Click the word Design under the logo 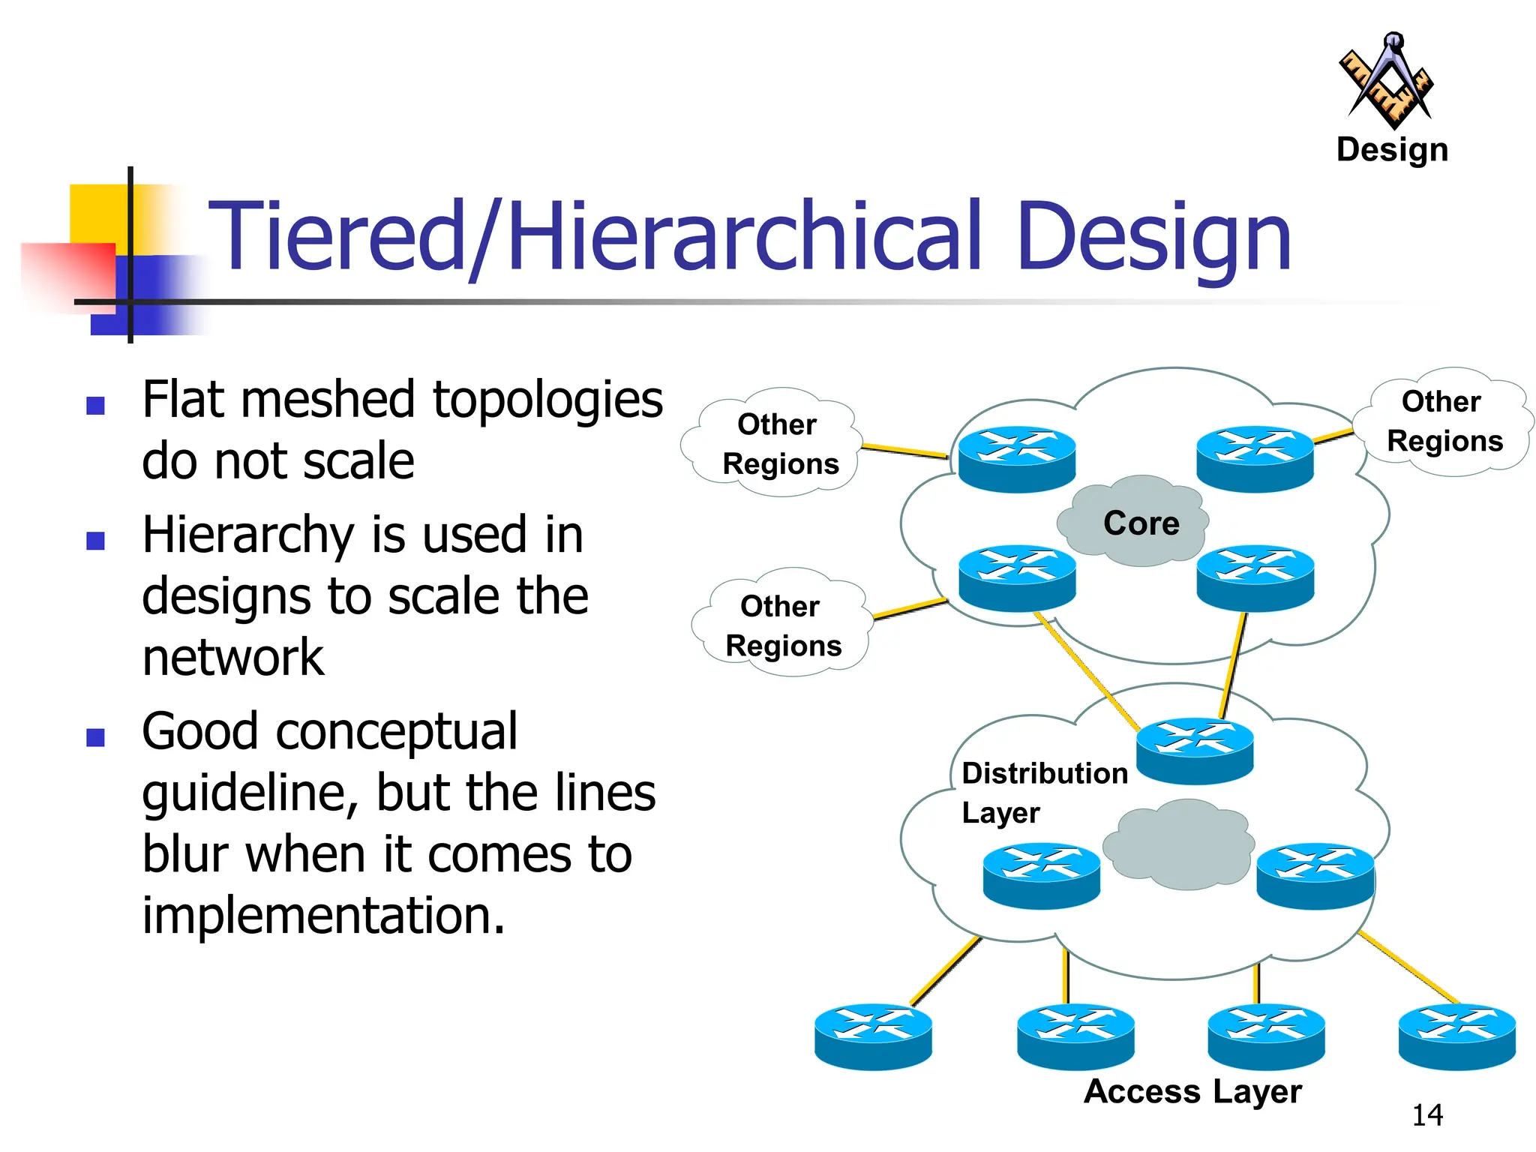[1392, 150]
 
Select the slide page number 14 [1426, 1115]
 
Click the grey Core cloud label [1140, 523]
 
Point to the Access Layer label [1192, 1091]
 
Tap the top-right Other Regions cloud [1444, 421]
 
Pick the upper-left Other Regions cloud [778, 444]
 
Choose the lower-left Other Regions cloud [782, 625]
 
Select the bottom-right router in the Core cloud [1255, 577]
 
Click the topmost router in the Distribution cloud [1194, 750]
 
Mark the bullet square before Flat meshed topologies [95, 406]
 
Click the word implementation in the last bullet [323, 916]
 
